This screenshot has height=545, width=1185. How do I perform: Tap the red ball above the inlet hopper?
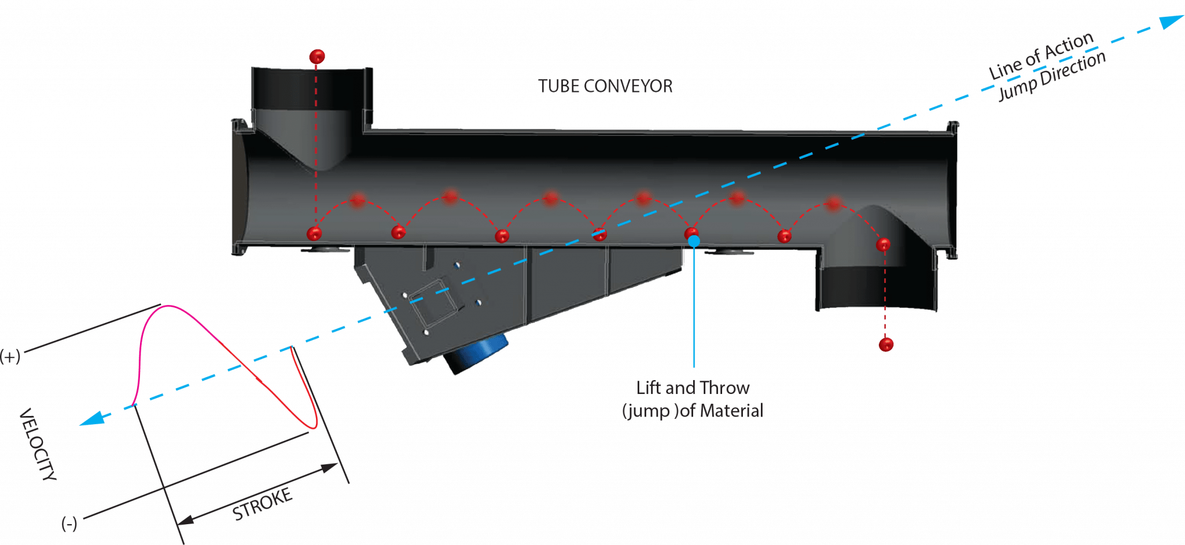(x=317, y=57)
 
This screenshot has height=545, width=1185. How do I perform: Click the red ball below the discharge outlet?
(x=886, y=345)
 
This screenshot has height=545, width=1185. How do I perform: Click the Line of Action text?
(x=1042, y=56)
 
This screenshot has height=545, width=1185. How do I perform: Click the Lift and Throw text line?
(x=693, y=388)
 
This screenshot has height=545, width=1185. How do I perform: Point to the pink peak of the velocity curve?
(x=168, y=306)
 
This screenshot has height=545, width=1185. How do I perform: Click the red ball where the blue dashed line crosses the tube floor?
(x=600, y=234)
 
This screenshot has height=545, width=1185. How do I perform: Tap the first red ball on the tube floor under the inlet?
(x=314, y=234)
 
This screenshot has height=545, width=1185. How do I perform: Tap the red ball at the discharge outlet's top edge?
(x=883, y=245)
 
